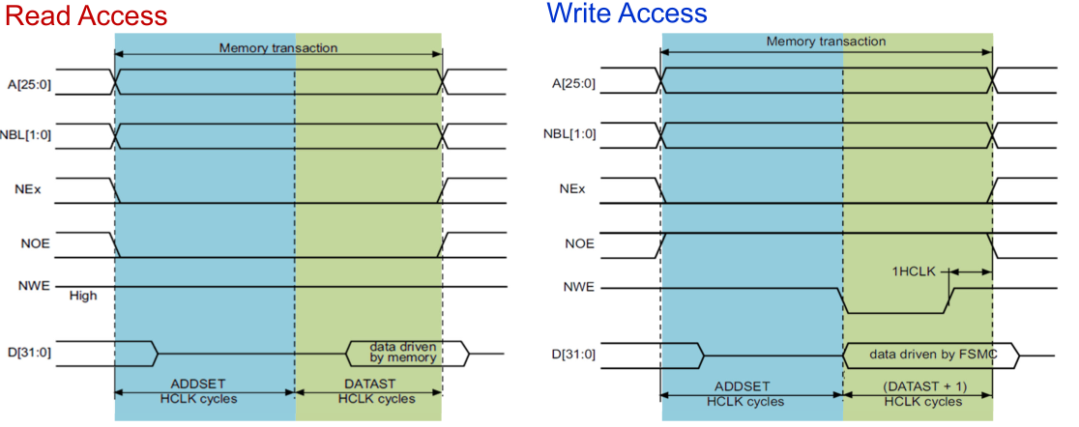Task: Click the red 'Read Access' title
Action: pos(84,16)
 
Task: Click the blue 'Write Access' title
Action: pos(627,14)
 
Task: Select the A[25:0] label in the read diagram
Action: pos(29,82)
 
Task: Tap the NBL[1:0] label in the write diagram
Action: pos(573,136)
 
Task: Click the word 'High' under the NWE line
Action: pos(83,297)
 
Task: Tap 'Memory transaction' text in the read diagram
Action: pos(277,48)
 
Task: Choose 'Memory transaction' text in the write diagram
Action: pos(826,42)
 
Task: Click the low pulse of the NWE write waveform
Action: pos(894,311)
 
